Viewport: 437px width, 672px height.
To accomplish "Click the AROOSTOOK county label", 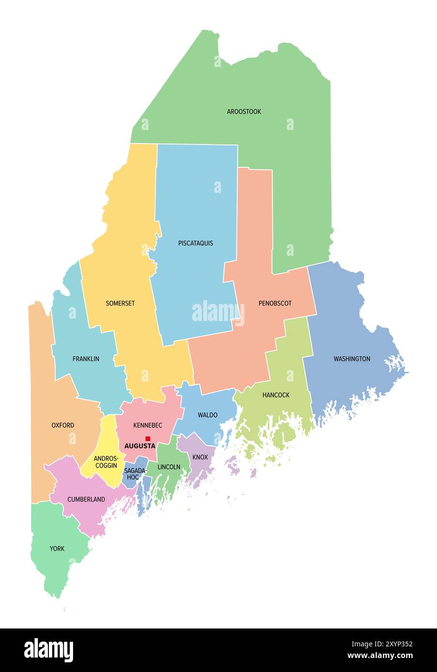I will tap(244, 112).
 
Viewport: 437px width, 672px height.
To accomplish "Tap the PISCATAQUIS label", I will tap(196, 243).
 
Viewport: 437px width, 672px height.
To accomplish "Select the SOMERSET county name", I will tap(120, 304).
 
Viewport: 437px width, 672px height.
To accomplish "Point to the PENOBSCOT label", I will tap(275, 304).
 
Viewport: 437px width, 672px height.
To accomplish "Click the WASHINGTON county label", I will tap(352, 359).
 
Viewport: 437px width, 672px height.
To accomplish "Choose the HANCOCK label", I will tap(276, 395).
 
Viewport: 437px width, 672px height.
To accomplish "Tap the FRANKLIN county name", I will tap(86, 359).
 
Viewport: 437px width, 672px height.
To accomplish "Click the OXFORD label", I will tap(63, 425).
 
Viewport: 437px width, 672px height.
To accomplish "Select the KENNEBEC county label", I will tap(148, 425).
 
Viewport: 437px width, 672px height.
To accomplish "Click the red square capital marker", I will tap(148, 438).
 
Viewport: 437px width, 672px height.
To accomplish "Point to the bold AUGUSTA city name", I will tap(140, 446).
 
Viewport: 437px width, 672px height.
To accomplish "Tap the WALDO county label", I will tap(208, 415).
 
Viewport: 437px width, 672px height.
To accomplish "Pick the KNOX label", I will tap(200, 457).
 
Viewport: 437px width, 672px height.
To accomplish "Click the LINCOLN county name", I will tap(169, 467).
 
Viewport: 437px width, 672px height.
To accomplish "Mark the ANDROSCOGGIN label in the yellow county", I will tap(105, 462).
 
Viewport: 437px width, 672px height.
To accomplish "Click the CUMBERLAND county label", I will tap(86, 499).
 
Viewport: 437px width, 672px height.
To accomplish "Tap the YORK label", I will tap(57, 549).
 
